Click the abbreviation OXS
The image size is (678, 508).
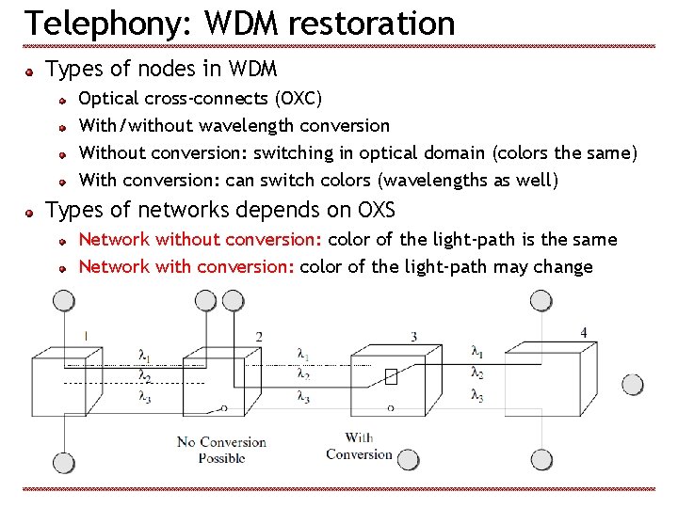click(x=377, y=209)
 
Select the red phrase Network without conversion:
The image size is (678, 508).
click(x=186, y=240)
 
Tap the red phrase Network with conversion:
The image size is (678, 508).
click(x=186, y=266)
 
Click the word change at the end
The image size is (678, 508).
click(x=563, y=267)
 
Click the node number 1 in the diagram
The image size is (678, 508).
click(x=86, y=335)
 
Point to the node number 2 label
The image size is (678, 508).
click(x=259, y=337)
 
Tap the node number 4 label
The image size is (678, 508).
click(x=584, y=332)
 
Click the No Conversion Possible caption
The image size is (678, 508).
click(x=221, y=450)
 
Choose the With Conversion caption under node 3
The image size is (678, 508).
click(x=359, y=446)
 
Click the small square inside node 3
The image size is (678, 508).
click(x=391, y=376)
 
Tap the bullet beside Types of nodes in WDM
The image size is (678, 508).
click(x=31, y=71)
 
